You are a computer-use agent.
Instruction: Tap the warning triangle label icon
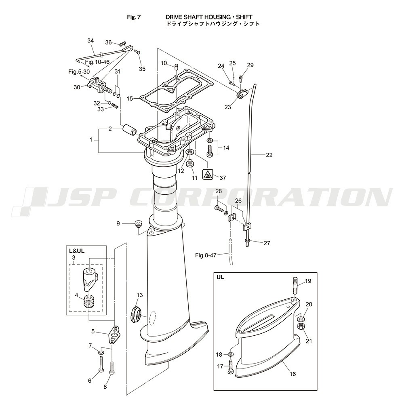coord(208,175)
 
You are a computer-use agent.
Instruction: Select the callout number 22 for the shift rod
coord(269,155)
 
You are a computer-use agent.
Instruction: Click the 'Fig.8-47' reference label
coord(206,255)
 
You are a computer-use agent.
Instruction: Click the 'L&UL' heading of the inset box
coord(77,251)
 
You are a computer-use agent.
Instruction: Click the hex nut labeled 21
coord(301,326)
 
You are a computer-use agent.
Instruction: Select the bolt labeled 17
coord(231,367)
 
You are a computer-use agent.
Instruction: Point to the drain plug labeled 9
coord(139,223)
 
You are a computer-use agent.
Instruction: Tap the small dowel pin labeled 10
coord(176,67)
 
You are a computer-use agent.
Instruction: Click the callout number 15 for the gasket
coord(130,98)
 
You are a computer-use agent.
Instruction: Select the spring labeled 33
coord(115,106)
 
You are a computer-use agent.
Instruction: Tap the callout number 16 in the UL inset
coord(293,374)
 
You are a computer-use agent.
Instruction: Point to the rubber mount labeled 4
coord(89,302)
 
